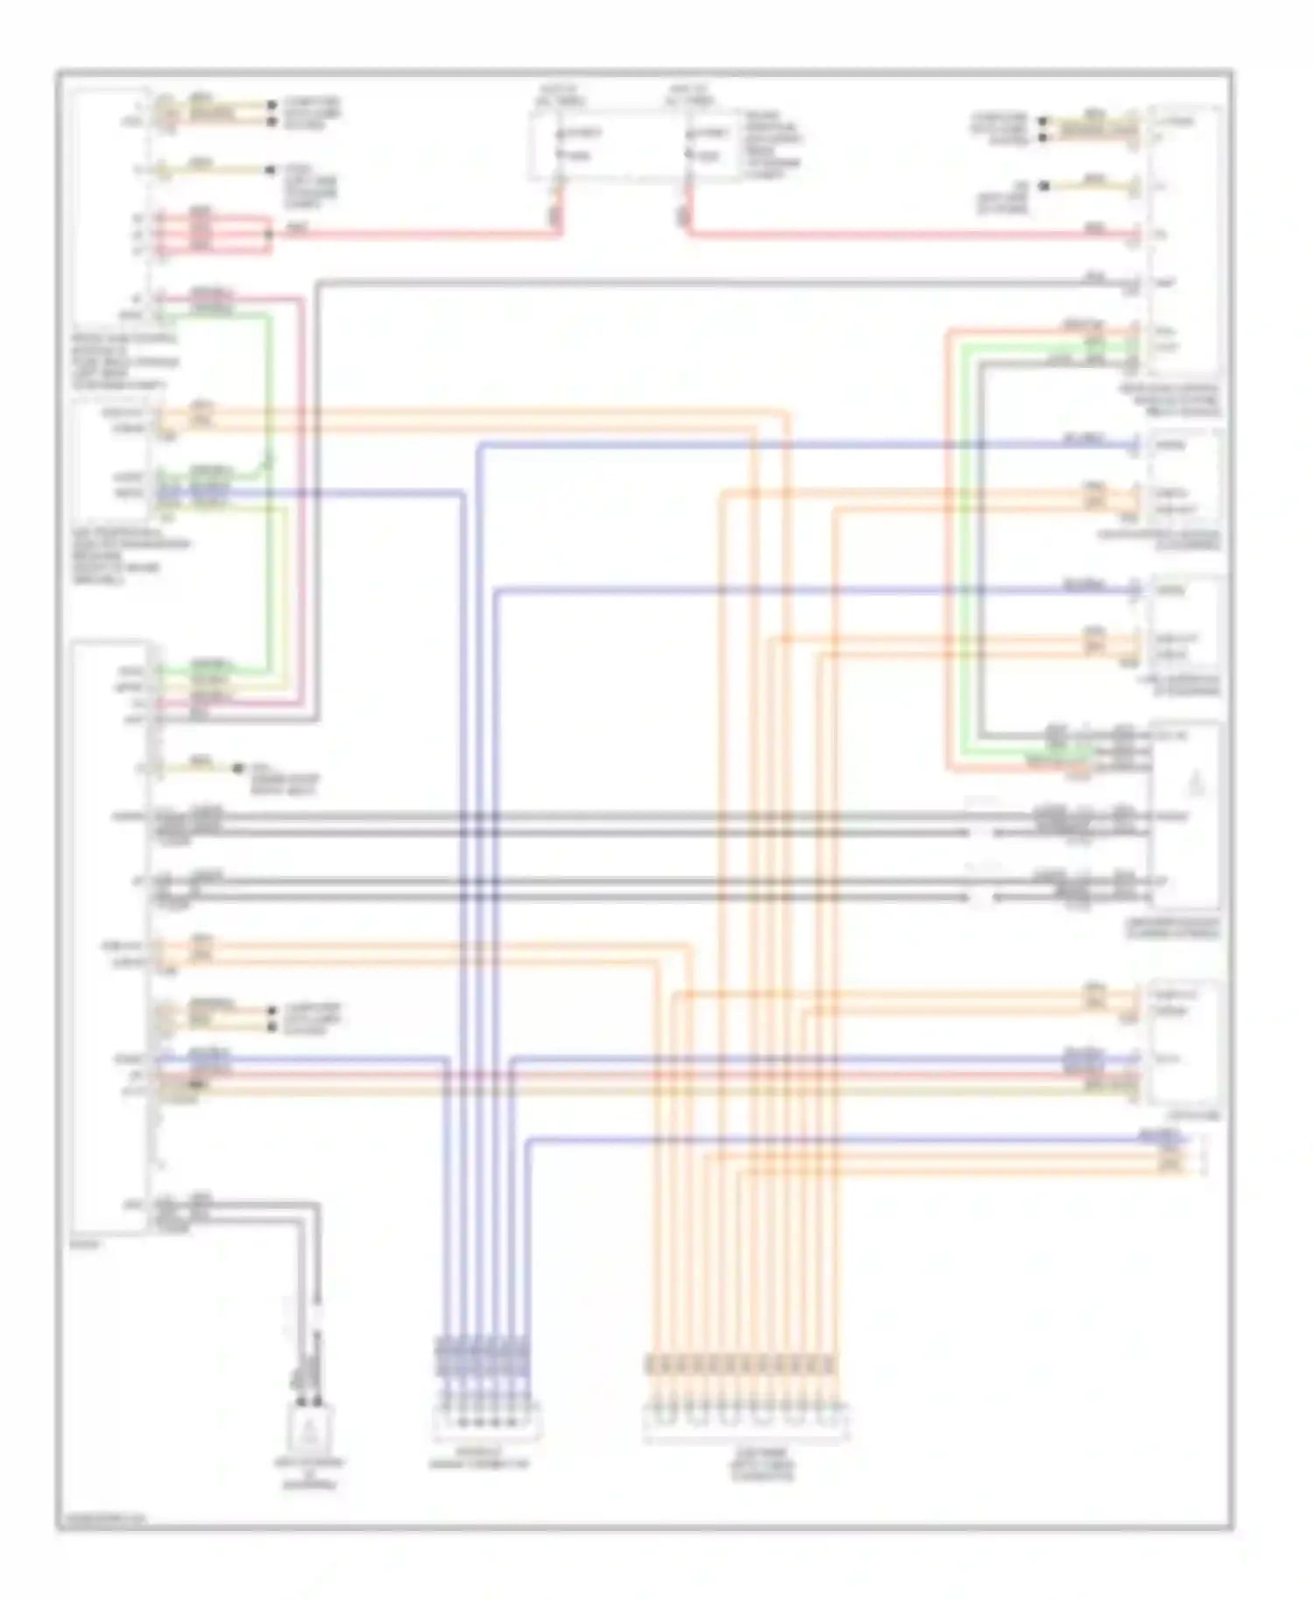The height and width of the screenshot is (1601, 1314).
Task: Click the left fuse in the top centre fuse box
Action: [561, 145]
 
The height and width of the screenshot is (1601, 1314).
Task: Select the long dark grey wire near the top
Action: [701, 282]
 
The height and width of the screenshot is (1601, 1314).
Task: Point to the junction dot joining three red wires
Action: [270, 234]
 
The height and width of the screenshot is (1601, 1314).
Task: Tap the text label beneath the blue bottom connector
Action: [479, 1463]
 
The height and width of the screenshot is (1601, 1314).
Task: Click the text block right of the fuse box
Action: [773, 145]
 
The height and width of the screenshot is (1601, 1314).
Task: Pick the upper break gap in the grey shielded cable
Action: [982, 823]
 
